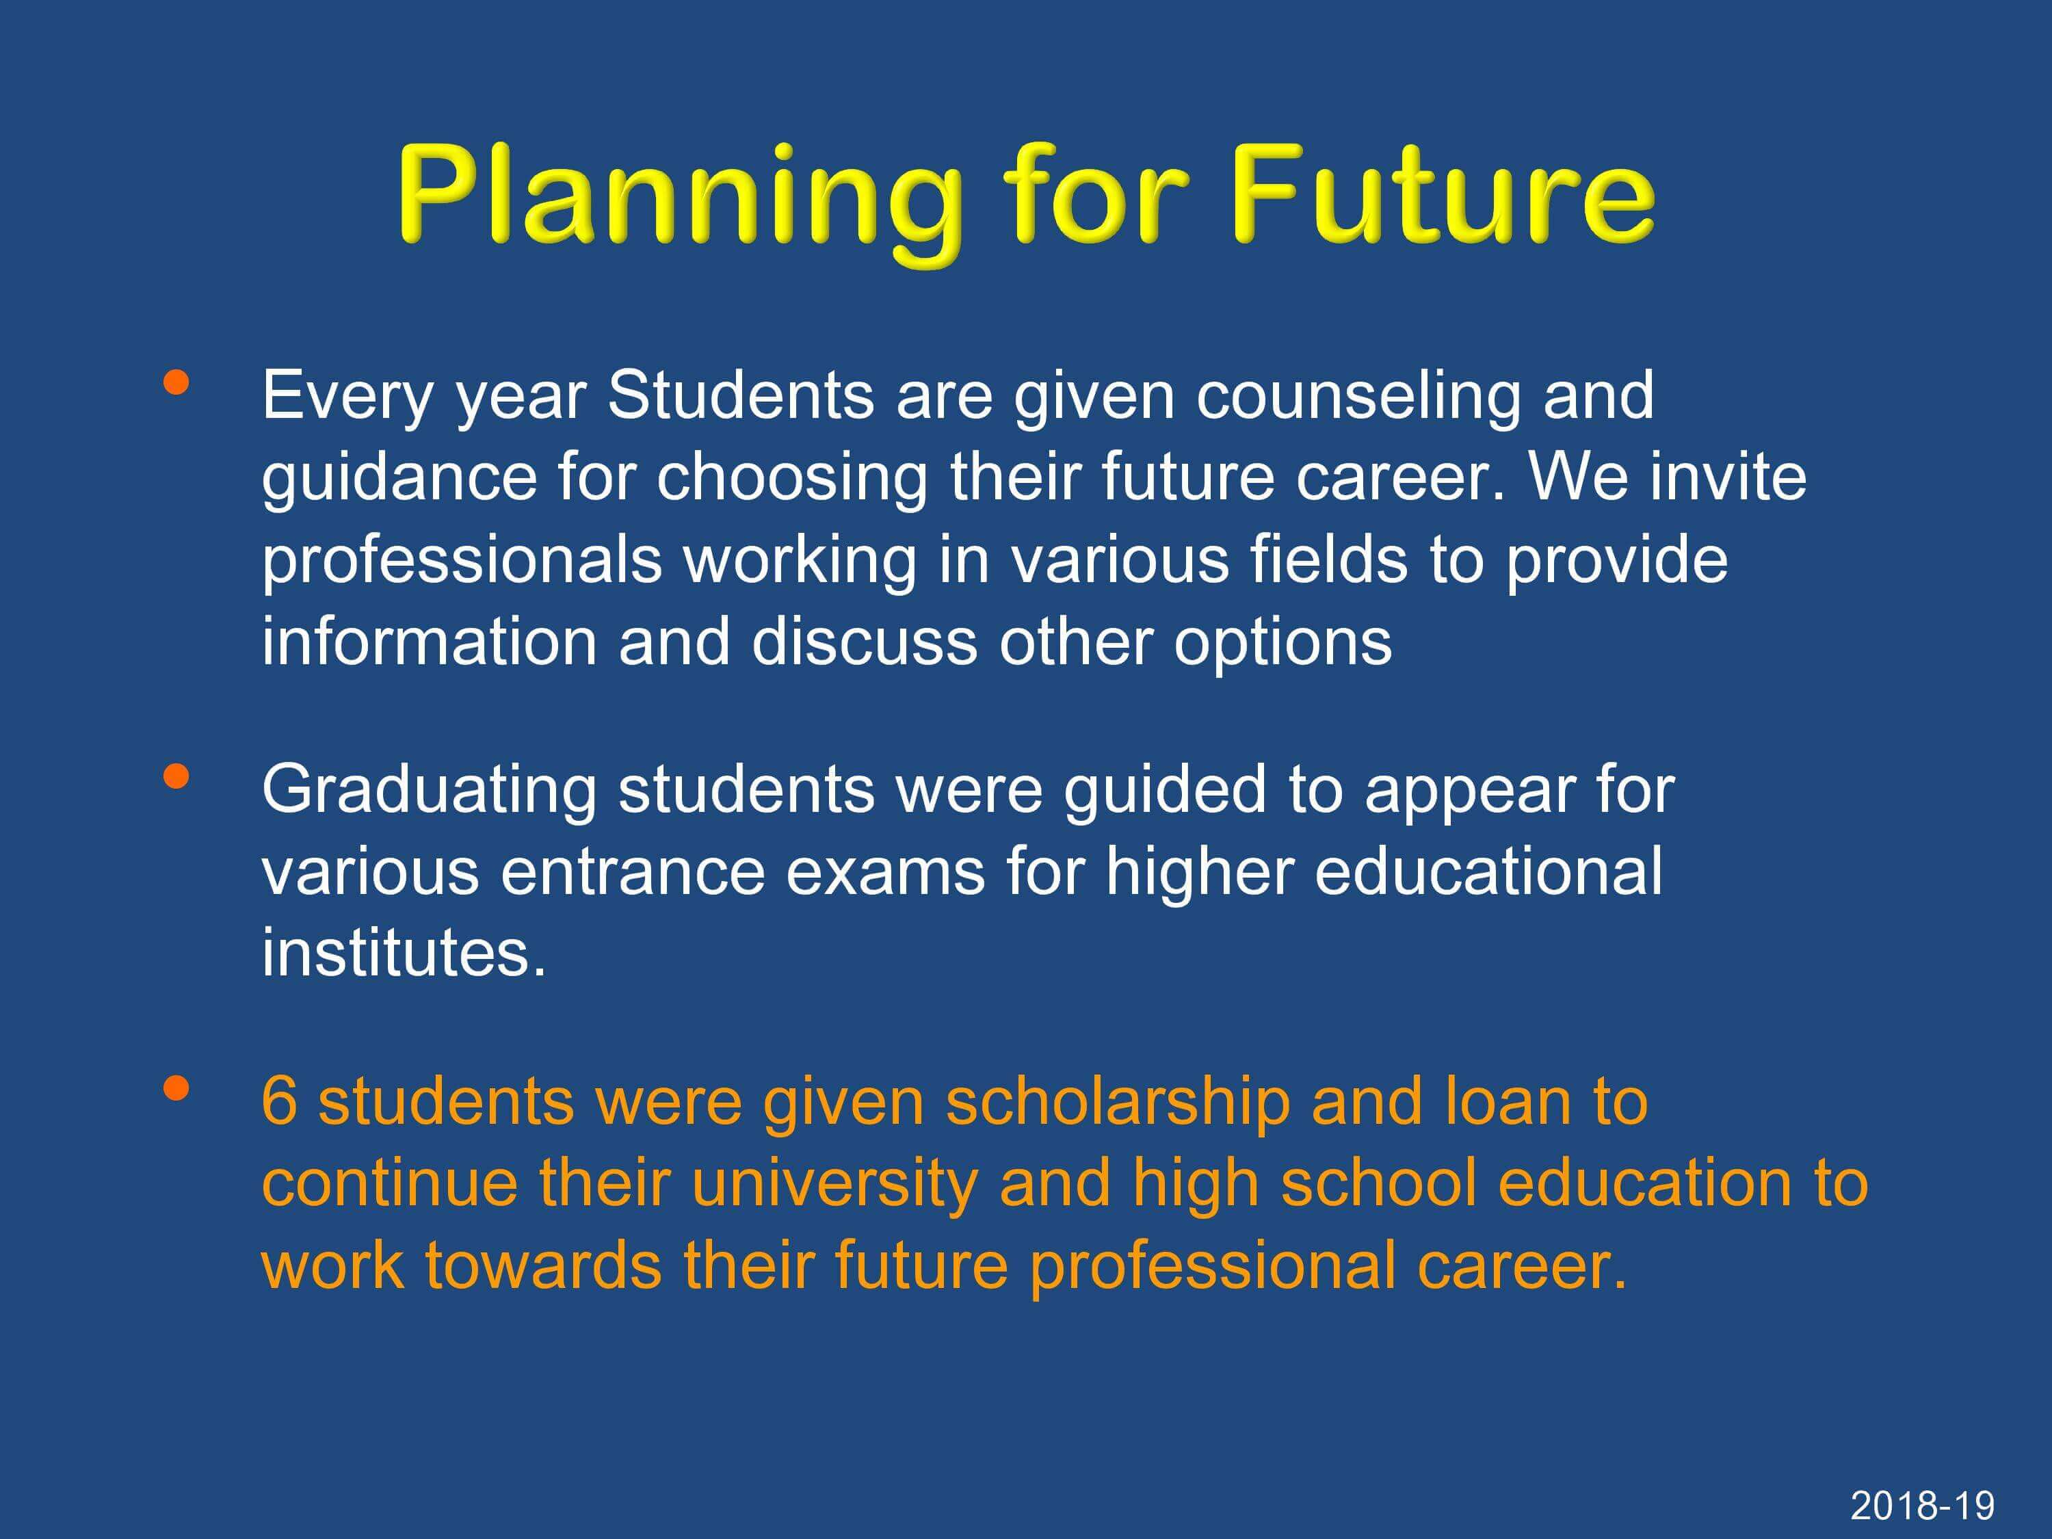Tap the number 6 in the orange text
[x=279, y=1101]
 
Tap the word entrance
[x=633, y=873]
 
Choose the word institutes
[x=404, y=952]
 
